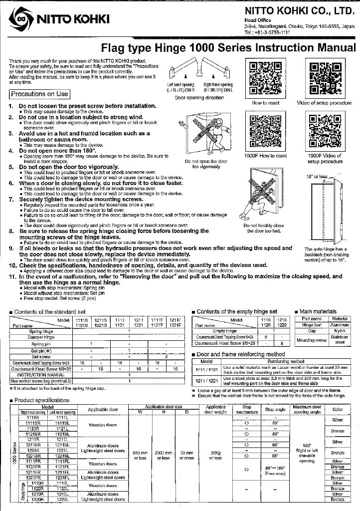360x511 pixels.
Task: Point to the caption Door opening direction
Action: coord(192,98)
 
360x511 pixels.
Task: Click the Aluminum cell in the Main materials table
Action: coord(339,324)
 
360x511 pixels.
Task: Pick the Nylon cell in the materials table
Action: coord(339,331)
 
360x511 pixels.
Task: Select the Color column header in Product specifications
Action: coord(338,409)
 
